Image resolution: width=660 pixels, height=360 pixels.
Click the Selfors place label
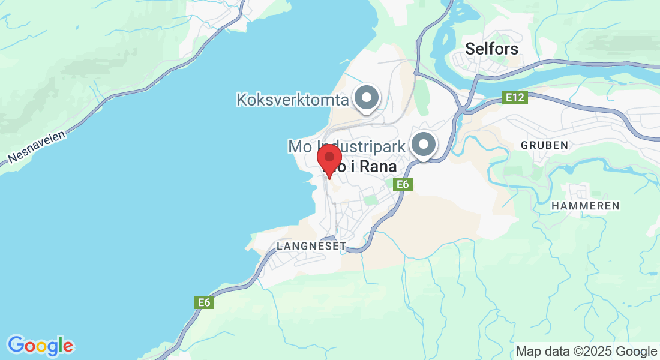point(491,49)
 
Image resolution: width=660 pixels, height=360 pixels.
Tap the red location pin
point(329,160)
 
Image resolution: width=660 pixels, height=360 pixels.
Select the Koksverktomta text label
point(293,100)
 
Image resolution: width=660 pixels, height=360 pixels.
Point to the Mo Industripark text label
point(347,146)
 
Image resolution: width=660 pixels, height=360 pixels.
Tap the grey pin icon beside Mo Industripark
point(424,144)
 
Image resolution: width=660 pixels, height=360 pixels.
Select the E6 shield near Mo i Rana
point(403,185)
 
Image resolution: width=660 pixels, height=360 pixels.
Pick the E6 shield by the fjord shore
point(205,303)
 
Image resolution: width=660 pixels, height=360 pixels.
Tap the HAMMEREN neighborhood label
point(585,206)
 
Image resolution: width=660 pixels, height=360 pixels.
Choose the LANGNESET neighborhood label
point(311,246)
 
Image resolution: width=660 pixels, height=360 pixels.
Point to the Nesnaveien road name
point(36,148)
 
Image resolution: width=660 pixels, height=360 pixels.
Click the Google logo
point(40,346)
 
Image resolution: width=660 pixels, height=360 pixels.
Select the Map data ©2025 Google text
point(586,352)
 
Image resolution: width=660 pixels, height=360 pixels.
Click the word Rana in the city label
point(380,168)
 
